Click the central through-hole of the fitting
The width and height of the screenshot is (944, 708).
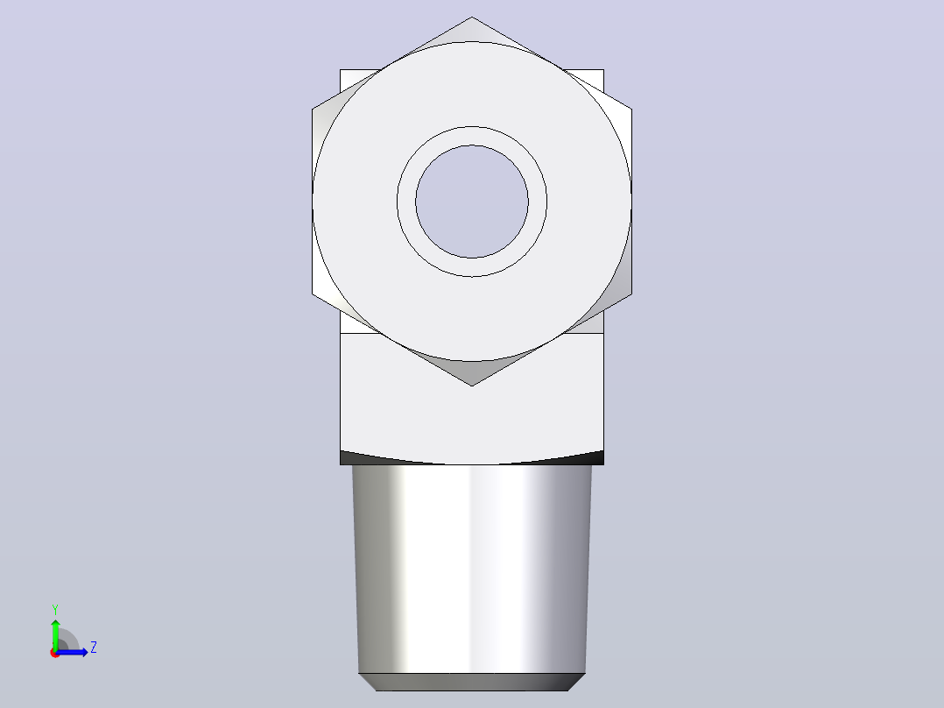pyautogui.click(x=472, y=202)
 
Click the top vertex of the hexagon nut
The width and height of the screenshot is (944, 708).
pyautogui.click(x=472, y=17)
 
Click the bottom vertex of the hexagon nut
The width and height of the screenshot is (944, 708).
pyautogui.click(x=472, y=386)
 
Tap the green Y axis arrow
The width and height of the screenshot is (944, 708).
pyautogui.click(x=55, y=634)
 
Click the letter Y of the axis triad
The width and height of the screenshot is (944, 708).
pyautogui.click(x=55, y=610)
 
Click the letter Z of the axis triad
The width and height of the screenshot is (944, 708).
pyautogui.click(x=94, y=648)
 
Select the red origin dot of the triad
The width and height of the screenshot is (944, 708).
pyautogui.click(x=55, y=653)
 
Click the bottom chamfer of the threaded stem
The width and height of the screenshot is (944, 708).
pyautogui.click(x=472, y=682)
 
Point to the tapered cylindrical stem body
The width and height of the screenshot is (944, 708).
pyautogui.click(x=472, y=570)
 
